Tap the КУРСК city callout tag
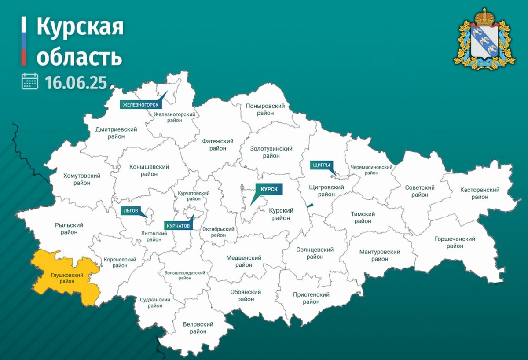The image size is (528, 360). pyautogui.click(x=268, y=189)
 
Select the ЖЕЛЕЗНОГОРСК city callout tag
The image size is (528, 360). pyautogui.click(x=140, y=105)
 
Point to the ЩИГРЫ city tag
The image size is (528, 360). pyautogui.click(x=321, y=165)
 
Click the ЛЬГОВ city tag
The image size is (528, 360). pyautogui.click(x=130, y=211)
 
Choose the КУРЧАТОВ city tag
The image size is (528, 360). pyautogui.click(x=178, y=225)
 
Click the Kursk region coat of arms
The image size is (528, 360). pyautogui.click(x=484, y=40)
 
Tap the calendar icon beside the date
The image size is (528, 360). pyautogui.click(x=30, y=81)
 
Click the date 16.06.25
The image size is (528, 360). pyautogui.click(x=76, y=82)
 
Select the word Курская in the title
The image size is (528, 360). pyautogui.click(x=80, y=28)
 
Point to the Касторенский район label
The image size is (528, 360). pyautogui.click(x=480, y=193)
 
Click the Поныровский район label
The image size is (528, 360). pyautogui.click(x=266, y=110)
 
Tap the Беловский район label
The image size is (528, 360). pyautogui.click(x=198, y=328)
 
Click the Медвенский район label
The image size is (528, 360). pyautogui.click(x=244, y=261)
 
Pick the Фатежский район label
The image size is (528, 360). pyautogui.click(x=218, y=145)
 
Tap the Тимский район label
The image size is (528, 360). pyautogui.click(x=363, y=217)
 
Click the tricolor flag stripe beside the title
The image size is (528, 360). pyautogui.click(x=24, y=41)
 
